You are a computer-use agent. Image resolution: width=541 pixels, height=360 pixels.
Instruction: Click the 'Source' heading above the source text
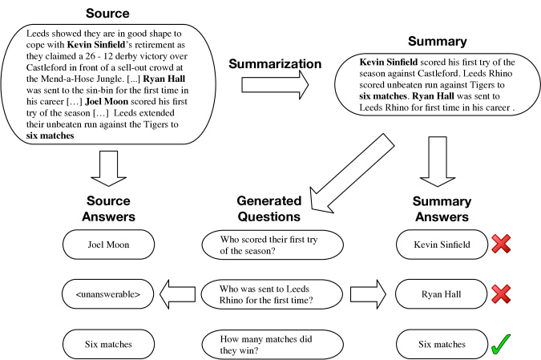coord(107,13)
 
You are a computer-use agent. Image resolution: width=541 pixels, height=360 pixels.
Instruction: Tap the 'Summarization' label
coord(275,63)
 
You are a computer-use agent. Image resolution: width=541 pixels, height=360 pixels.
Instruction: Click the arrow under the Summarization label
coord(275,85)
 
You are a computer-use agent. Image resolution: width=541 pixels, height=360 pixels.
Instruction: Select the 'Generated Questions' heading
coord(269,208)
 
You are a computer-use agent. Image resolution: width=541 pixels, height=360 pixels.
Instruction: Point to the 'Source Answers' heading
coord(108,208)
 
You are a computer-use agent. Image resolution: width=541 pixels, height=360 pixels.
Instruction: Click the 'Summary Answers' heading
coord(442,208)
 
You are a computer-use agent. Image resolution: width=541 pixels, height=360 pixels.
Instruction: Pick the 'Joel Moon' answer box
coord(108,245)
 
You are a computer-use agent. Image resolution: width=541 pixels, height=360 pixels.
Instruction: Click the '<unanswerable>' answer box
coord(107,294)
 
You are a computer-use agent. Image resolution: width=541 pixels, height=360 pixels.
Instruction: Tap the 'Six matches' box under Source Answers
coord(108,344)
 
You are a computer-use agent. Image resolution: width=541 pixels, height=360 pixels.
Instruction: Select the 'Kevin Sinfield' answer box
coord(442,245)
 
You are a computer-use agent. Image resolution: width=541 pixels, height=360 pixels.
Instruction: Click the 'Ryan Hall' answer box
coord(441,294)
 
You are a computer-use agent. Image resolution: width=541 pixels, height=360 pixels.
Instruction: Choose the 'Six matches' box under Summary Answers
coord(442,344)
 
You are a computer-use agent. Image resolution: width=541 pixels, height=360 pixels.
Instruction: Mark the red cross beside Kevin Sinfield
coord(501,244)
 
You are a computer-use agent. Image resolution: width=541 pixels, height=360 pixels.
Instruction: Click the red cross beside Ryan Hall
coord(501,294)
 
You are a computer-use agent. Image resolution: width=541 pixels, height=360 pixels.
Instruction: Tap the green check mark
coord(501,344)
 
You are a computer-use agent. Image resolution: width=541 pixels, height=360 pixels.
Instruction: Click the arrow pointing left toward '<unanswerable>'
coord(177,294)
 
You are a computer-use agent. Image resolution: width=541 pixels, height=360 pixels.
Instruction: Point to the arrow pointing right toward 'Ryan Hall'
coord(368,294)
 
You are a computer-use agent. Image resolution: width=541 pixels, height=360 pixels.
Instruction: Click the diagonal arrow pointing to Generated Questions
coord(352,173)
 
